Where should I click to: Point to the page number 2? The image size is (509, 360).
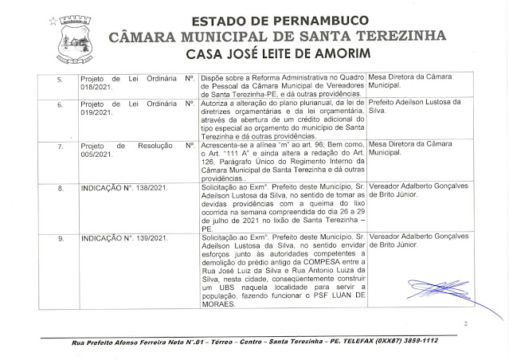tap(464, 323)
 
